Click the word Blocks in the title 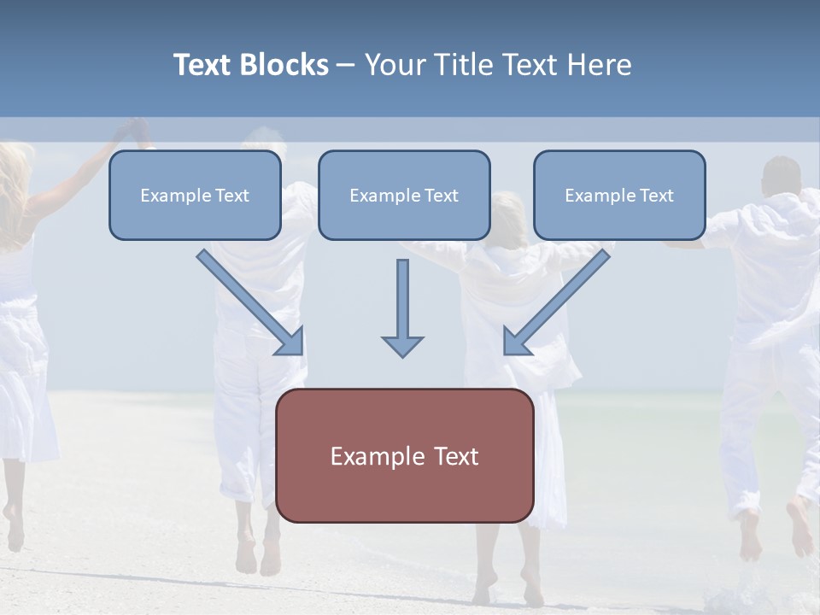tap(285, 65)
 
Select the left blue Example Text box tap(195, 196)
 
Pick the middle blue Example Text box tap(404, 196)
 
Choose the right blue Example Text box tap(619, 196)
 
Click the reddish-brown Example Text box tap(405, 455)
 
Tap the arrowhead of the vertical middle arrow tap(402, 346)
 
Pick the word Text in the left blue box tap(232, 196)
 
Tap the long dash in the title tap(346, 65)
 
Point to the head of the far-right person tap(782, 176)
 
